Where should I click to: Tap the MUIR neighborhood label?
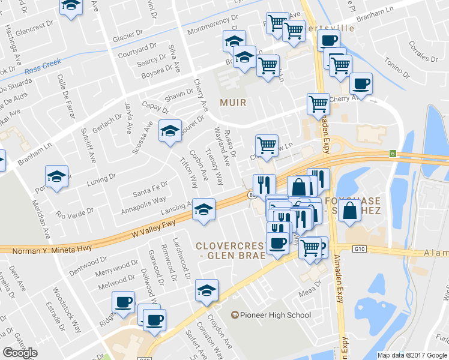pos(233,103)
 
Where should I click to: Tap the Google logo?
pos(20,353)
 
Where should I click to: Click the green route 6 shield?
pos(393,154)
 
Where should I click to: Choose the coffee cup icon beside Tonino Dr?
pos(361,83)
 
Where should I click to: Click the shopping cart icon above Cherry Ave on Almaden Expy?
pos(318,103)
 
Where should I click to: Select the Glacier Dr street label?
pos(127,38)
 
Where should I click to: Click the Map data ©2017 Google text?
pos(412,355)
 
